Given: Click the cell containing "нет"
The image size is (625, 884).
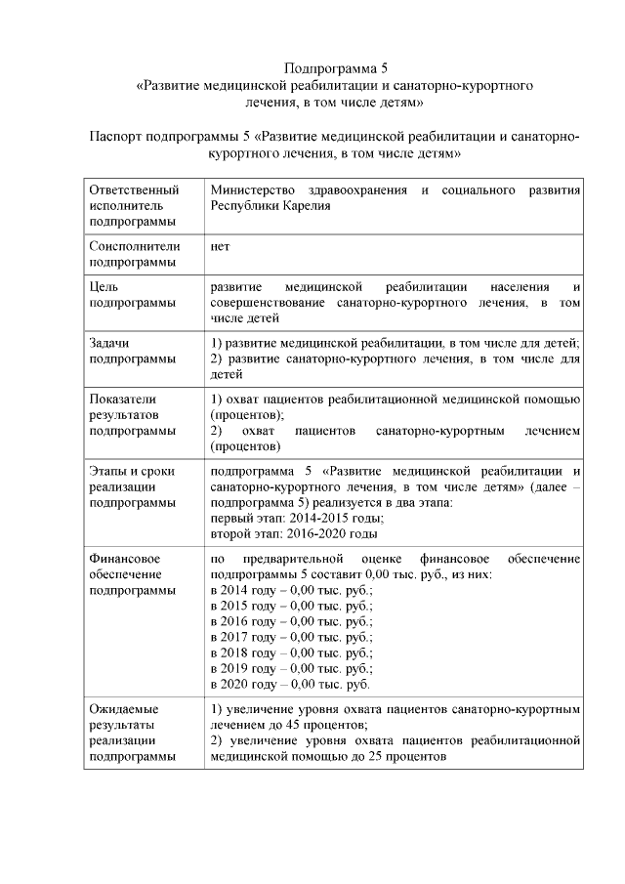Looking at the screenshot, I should (221, 246).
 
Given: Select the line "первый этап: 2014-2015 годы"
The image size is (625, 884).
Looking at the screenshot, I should (295, 518).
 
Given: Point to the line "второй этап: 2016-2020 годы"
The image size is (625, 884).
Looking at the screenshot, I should (294, 533).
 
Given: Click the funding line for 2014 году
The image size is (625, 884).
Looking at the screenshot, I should (291, 590).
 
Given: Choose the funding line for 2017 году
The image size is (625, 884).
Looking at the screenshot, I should (291, 637).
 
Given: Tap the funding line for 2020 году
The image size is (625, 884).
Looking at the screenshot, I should (290, 684).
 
